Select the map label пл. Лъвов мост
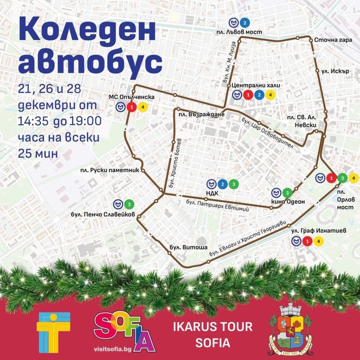click(x=243, y=32)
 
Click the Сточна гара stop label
click(x=333, y=40)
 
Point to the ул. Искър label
click(x=335, y=71)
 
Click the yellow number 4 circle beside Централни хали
click(x=270, y=95)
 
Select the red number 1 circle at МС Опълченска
click(x=132, y=107)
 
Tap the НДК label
click(x=212, y=193)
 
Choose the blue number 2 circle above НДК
click(x=223, y=184)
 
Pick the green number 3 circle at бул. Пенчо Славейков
click(x=129, y=204)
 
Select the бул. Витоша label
click(x=188, y=247)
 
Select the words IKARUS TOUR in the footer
click(x=213, y=327)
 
